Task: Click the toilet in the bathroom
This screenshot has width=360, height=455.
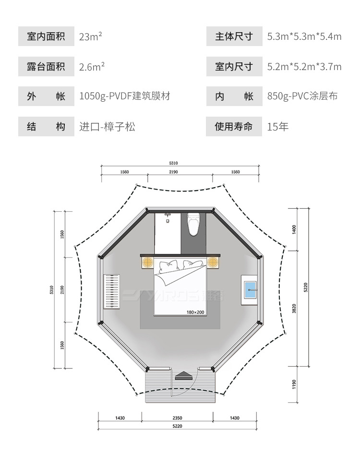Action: point(193,224)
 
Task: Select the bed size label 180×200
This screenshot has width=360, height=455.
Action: point(195,312)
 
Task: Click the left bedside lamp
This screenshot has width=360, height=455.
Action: point(147,262)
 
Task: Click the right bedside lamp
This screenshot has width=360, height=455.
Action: point(213,262)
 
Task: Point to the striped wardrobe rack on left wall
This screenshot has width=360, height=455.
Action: point(111,291)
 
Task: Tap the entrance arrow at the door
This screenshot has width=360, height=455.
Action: point(183,376)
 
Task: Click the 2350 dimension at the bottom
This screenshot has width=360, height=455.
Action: point(177,418)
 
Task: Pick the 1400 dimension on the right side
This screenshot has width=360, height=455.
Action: point(294,229)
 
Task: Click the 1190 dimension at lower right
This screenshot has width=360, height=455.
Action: point(294,384)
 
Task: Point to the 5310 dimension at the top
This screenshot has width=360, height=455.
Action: point(180,163)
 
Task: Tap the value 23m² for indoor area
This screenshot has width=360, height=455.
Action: point(90,36)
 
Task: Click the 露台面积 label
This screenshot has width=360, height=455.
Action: point(46,66)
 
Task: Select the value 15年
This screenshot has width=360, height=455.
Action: point(278,127)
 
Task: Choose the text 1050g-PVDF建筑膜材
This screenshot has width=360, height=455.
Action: point(124,96)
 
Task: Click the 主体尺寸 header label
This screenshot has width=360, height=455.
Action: point(234,36)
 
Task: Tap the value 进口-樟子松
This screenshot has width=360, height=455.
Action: point(107,127)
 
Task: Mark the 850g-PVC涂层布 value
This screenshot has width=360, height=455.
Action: point(302,96)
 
